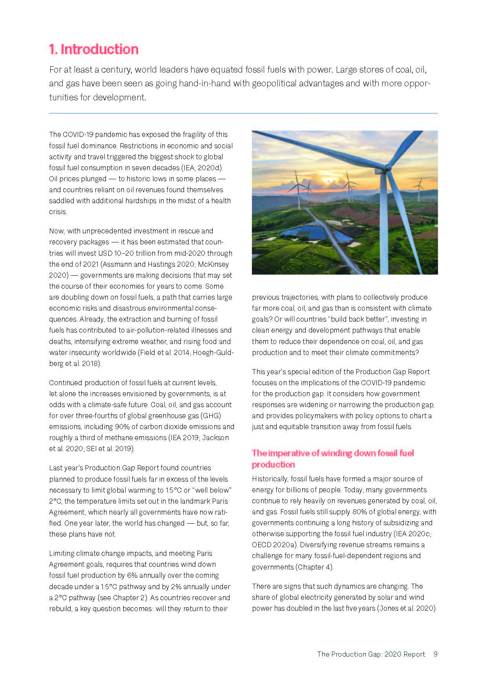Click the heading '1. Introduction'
[x=94, y=49]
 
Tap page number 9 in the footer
[x=435, y=654]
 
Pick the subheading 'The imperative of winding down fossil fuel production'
[x=332, y=459]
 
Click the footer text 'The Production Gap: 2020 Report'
[x=371, y=654]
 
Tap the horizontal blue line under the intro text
[x=243, y=113]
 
